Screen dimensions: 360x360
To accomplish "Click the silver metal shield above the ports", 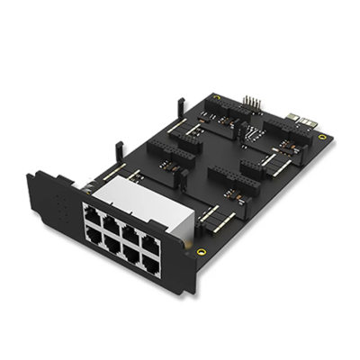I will pos(135,193).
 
